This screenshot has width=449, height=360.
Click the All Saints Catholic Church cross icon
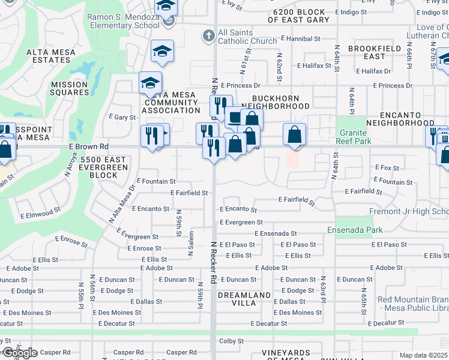[x=209, y=35]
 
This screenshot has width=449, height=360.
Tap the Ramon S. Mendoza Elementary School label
[x=124, y=22]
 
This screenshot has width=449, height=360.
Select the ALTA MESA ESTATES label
[x=51, y=56]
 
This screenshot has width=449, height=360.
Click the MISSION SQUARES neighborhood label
[x=69, y=89]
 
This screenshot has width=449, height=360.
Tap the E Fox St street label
[x=387, y=168]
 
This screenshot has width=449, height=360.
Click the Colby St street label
[x=231, y=341]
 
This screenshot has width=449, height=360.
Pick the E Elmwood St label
[x=40, y=212]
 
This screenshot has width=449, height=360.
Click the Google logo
[x=20, y=353]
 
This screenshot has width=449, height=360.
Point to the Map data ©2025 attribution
[x=424, y=355]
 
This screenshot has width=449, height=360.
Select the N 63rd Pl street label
[x=323, y=289]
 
